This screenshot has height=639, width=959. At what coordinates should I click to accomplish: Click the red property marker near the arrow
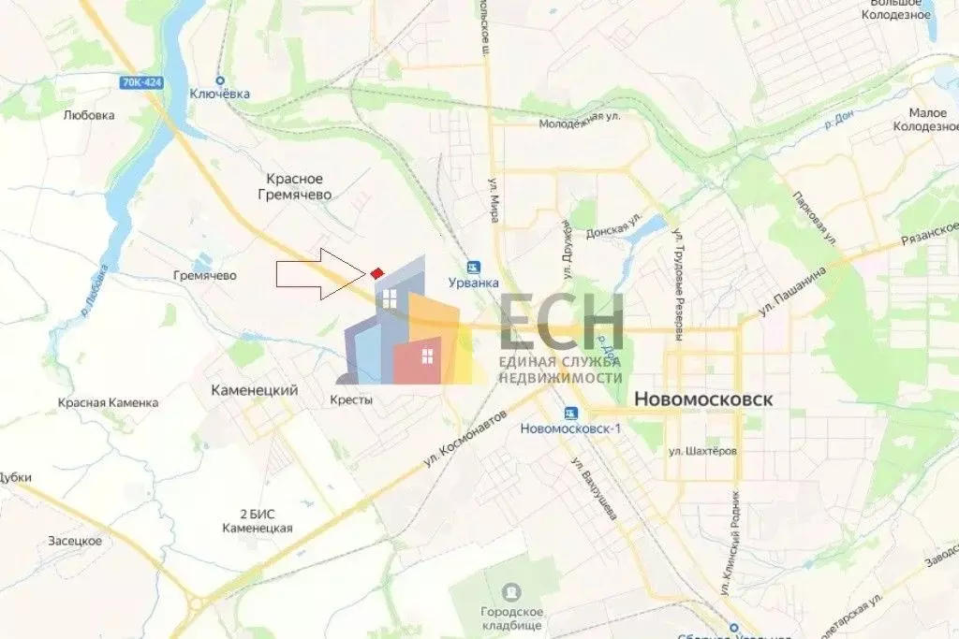point(376,272)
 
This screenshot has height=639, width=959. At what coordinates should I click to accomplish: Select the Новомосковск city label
point(703,399)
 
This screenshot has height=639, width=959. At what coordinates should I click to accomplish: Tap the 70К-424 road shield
point(140,82)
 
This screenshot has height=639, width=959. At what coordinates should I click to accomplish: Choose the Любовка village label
point(89,115)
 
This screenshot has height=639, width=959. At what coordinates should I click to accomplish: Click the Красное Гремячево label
point(294,186)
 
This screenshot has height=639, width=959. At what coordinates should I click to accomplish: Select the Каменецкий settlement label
point(254,390)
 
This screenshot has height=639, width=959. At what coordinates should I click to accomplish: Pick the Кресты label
point(354,399)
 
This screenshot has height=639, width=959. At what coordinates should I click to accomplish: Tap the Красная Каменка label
point(108,402)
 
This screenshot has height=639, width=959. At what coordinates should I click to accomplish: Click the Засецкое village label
point(75,541)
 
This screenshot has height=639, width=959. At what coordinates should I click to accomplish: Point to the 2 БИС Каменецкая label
point(258,521)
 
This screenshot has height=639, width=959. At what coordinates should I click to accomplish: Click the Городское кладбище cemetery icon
point(511,592)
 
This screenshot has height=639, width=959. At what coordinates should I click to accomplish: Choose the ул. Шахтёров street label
point(702,450)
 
